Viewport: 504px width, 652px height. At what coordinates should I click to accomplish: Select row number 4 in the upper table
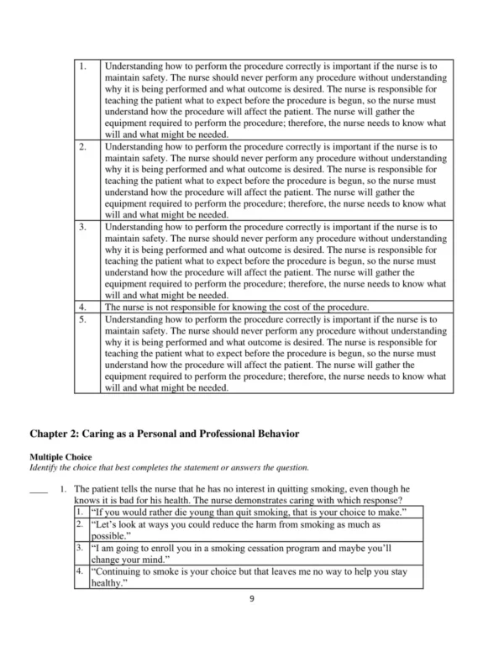click(x=82, y=308)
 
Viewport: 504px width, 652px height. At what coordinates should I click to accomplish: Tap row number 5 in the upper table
click(x=82, y=319)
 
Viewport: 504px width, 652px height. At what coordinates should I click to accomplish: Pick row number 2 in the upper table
click(x=82, y=146)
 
